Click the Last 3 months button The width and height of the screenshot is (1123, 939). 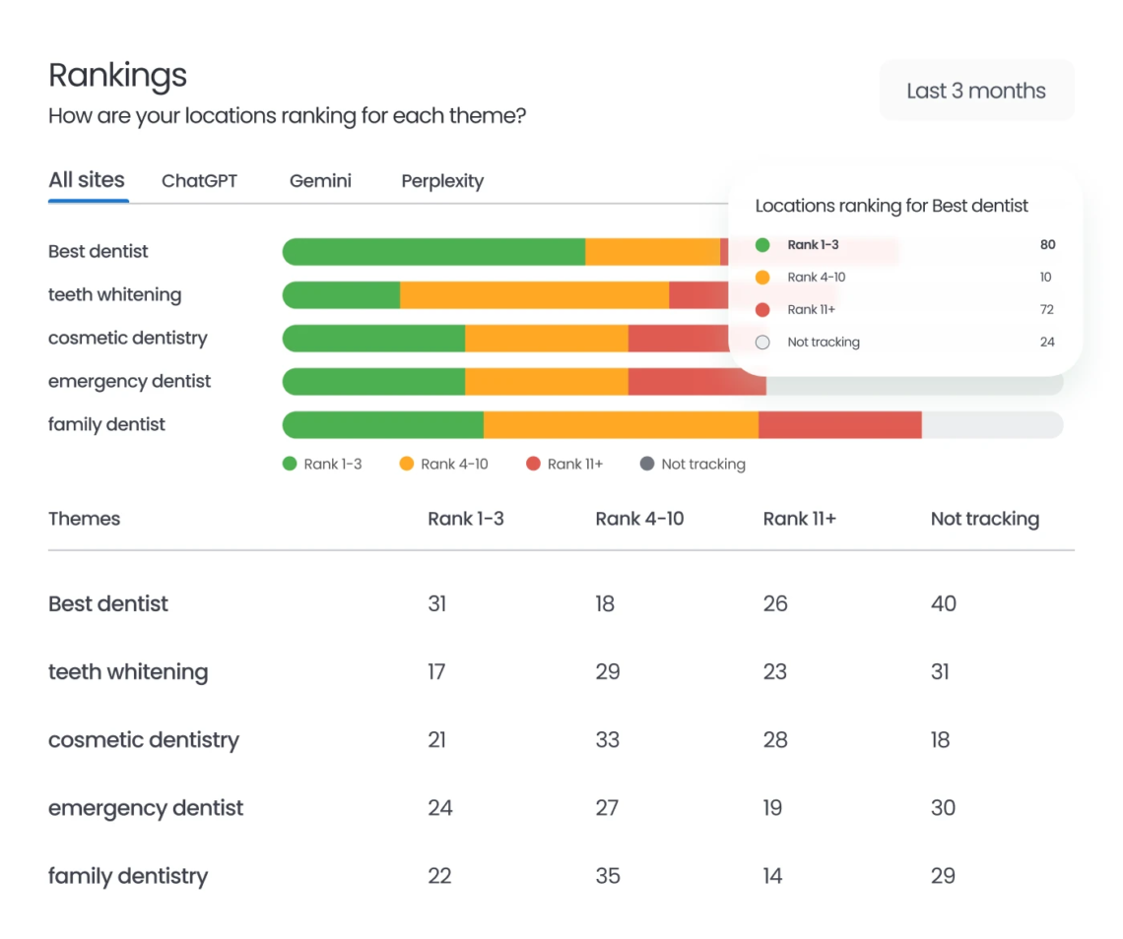(x=975, y=91)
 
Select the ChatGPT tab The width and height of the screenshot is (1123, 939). (x=199, y=181)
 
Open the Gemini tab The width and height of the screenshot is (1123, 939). (x=320, y=181)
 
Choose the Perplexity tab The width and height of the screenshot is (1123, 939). (x=442, y=181)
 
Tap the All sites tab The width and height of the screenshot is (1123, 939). (x=87, y=180)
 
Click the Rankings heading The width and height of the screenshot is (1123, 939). (x=117, y=76)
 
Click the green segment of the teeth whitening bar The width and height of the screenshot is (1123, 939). (x=341, y=295)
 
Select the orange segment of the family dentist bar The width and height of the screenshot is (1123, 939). (x=621, y=425)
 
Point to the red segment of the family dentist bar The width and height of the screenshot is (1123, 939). (x=839, y=425)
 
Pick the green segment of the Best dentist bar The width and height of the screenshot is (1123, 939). (x=433, y=252)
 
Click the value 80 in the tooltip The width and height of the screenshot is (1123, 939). (x=1047, y=245)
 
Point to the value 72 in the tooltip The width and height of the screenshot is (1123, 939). (x=1046, y=310)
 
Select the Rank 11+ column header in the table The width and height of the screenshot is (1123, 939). (x=799, y=519)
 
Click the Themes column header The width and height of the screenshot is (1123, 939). (x=84, y=519)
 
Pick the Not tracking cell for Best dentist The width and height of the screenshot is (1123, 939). (x=943, y=603)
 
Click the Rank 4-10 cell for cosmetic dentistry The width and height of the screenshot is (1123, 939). (x=607, y=740)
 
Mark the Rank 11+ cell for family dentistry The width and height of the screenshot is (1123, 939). (x=772, y=876)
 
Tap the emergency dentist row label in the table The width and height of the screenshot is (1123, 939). (x=146, y=808)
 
